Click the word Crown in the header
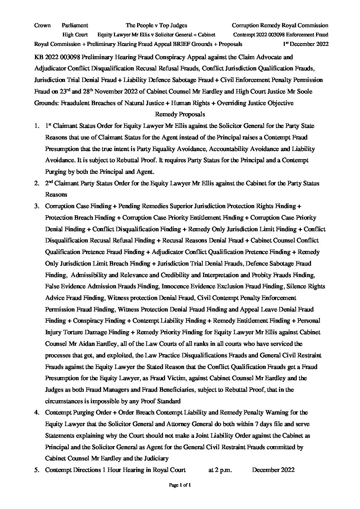click(x=43, y=25)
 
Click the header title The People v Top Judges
click(x=156, y=25)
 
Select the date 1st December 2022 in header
click(x=306, y=44)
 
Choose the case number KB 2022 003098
click(x=59, y=57)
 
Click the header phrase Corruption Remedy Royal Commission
click(x=280, y=25)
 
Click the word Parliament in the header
click(x=75, y=25)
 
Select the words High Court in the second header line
click(x=75, y=34)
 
